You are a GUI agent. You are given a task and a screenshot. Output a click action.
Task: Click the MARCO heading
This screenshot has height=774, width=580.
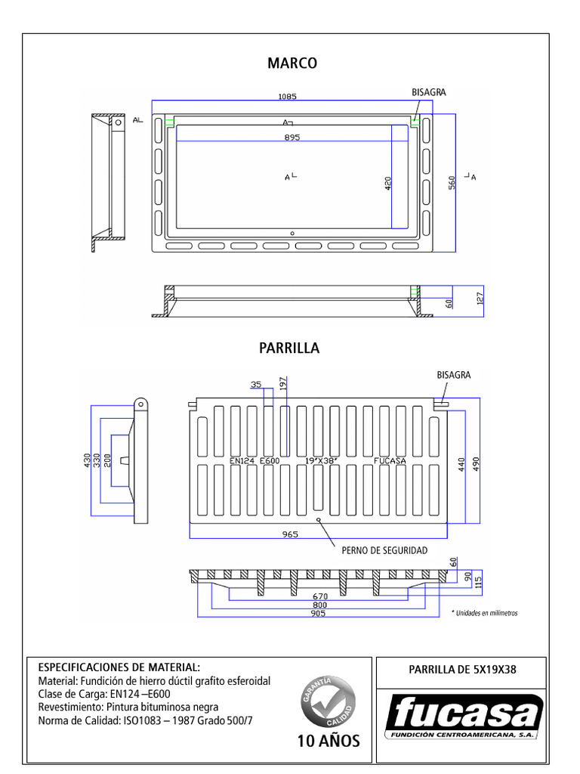tap(292, 63)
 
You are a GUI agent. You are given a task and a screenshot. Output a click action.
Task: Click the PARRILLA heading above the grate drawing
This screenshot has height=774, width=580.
tap(289, 348)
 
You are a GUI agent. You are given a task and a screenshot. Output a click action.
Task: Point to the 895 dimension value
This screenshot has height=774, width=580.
tap(292, 138)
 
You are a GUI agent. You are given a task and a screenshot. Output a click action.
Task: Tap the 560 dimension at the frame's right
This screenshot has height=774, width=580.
tap(452, 182)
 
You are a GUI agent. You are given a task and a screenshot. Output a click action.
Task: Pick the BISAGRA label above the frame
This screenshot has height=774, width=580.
tap(428, 92)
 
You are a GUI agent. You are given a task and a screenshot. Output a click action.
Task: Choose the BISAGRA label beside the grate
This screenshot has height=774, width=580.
tap(453, 375)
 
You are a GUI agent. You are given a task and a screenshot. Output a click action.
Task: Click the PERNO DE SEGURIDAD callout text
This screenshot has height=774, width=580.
tap(384, 550)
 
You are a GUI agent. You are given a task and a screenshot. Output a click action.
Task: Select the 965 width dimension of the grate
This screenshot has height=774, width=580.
tap(291, 534)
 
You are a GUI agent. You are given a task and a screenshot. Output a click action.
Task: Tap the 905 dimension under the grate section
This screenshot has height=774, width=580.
tap(317, 613)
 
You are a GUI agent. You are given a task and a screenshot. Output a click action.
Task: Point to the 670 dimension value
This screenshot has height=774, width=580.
tap(319, 596)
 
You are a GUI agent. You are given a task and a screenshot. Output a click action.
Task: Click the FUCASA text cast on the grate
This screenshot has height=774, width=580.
tap(390, 460)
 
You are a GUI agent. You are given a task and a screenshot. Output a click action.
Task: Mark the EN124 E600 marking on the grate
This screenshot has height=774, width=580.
tap(255, 460)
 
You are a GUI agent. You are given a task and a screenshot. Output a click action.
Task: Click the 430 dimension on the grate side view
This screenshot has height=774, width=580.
tap(88, 460)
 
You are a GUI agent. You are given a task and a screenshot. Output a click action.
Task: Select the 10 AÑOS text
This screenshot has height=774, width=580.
tap(329, 741)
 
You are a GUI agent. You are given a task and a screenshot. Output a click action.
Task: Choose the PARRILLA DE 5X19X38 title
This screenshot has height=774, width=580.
tap(461, 669)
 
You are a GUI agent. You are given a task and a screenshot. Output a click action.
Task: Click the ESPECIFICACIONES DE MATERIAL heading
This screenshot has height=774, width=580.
tap(119, 667)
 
